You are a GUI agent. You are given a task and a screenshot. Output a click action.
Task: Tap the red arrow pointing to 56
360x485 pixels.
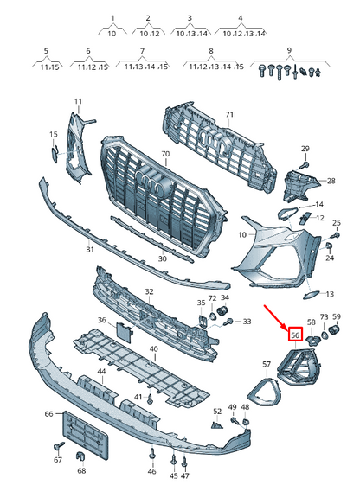click(279, 316)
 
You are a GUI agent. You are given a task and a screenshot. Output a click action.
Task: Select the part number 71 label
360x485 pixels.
click(229, 114)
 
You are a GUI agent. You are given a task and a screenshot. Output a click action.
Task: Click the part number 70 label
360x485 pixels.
click(165, 156)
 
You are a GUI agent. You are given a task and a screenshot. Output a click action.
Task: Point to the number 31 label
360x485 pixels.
click(89, 251)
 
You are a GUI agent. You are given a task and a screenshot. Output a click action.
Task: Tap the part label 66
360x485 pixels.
click(48, 415)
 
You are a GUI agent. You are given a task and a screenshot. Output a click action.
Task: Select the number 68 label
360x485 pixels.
click(81, 471)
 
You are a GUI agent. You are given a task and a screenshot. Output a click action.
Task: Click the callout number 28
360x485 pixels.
click(330, 182)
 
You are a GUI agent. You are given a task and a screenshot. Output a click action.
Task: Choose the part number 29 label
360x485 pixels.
click(305, 150)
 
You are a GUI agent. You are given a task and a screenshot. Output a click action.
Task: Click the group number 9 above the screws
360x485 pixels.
click(290, 51)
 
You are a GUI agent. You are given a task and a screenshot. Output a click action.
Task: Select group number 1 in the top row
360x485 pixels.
click(112, 16)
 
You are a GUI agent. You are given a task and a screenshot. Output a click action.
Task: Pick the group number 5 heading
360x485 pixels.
click(46, 51)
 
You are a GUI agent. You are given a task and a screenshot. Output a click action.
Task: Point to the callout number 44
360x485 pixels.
click(101, 371)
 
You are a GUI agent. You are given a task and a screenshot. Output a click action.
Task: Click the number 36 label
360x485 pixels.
click(101, 321)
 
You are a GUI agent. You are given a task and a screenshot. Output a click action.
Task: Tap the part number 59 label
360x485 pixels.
click(337, 317)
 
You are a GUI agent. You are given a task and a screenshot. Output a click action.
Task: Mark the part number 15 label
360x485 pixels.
click(53, 134)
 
